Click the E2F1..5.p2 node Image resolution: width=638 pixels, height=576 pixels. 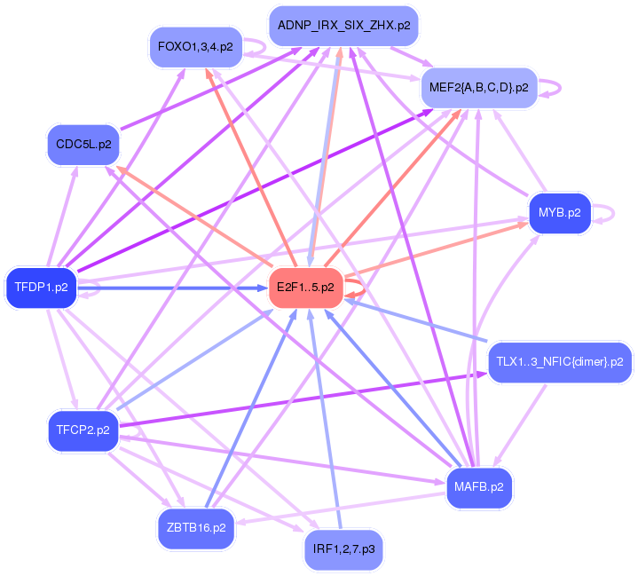[x=305, y=288]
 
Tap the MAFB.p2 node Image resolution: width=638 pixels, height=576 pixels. [x=478, y=487]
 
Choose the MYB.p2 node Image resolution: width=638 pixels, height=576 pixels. [x=559, y=213]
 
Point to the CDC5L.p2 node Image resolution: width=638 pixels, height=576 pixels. [x=83, y=144]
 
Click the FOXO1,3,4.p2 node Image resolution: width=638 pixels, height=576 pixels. [x=194, y=46]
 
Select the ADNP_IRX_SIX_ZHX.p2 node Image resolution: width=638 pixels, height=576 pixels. [x=343, y=26]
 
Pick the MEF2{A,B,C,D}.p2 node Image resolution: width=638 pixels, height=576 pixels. [x=478, y=88]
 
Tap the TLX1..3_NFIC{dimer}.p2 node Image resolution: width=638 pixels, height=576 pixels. [x=559, y=362]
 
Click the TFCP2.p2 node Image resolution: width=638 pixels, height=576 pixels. [x=83, y=430]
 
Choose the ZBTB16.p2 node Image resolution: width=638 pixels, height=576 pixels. [x=195, y=527]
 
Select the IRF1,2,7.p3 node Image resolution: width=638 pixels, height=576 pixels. [x=343, y=549]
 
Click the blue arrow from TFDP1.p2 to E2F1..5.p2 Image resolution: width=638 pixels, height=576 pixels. [x=177, y=288]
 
